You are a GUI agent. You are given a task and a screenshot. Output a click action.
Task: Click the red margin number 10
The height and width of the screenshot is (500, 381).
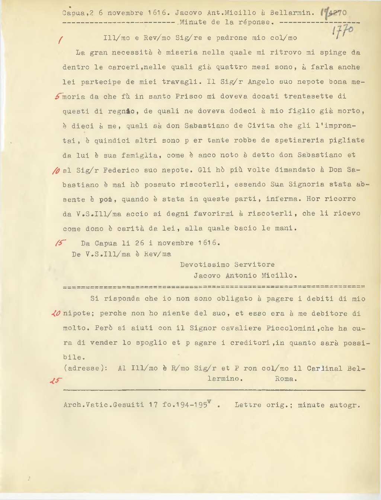click(57, 170)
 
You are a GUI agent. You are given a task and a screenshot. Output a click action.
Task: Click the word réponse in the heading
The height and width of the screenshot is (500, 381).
click(256, 22)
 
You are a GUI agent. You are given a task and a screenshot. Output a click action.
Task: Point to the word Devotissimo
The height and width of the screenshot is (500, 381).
click(205, 264)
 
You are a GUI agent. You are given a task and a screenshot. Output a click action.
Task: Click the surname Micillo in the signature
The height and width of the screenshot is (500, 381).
click(279, 275)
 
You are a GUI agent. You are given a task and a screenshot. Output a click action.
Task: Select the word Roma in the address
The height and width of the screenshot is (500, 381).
click(286, 379)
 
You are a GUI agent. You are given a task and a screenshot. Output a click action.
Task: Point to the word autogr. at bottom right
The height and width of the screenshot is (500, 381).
click(345, 405)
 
